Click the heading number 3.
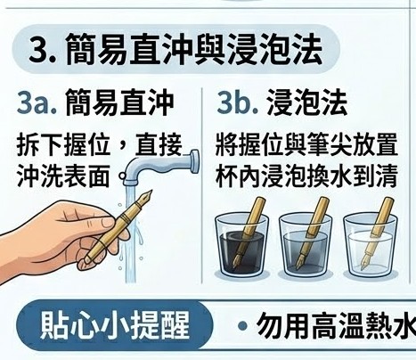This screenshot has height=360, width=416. (x=40, y=51)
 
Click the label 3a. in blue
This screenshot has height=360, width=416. (x=37, y=101)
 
